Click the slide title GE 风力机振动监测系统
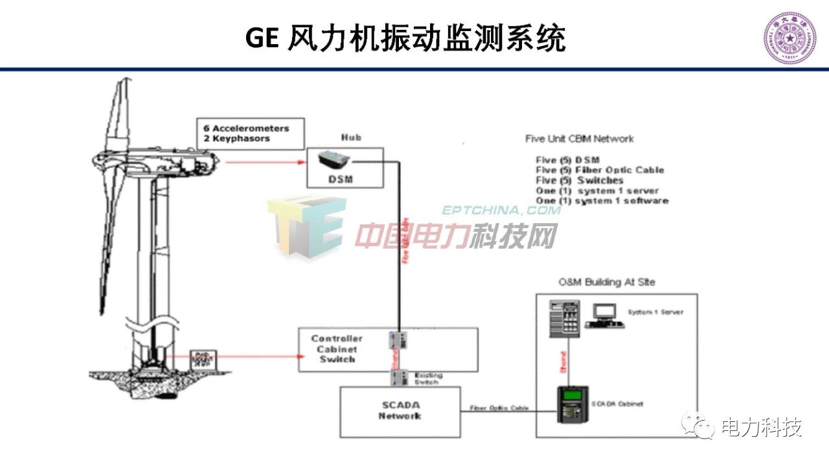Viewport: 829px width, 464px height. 405,38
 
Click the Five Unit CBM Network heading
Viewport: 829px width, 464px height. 579,139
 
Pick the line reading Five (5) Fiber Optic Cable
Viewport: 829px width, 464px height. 600,170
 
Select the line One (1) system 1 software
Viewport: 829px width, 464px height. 602,201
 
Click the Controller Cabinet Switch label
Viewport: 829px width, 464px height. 337,349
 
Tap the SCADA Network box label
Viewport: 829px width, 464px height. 400,410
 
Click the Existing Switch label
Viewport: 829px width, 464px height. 426,378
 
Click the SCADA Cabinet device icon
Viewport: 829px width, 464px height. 572,404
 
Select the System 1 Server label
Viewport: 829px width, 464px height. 655,312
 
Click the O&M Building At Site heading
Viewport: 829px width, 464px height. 607,282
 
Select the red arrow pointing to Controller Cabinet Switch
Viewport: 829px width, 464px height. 233,356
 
